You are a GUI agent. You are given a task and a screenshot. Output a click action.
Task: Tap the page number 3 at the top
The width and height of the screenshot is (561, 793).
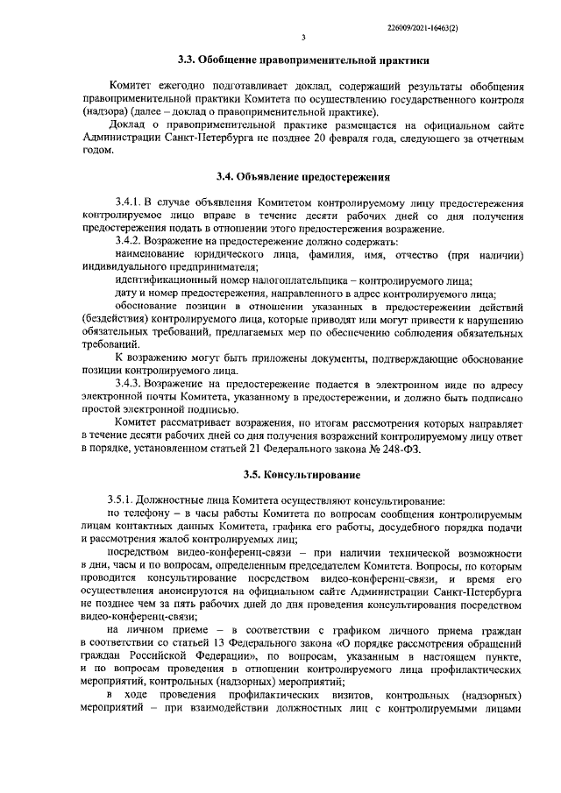[302, 38]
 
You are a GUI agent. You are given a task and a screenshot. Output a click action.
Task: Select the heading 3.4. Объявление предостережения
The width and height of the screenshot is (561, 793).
[302, 178]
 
